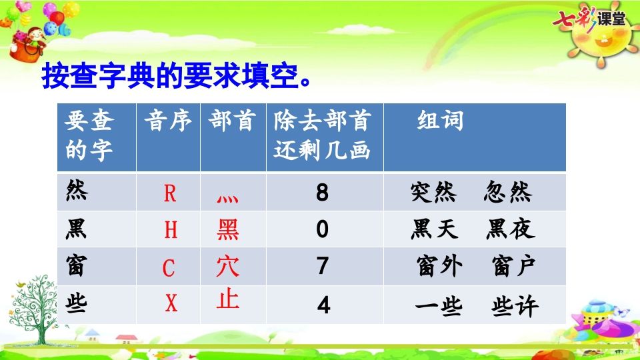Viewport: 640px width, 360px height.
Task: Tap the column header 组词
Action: pos(440,121)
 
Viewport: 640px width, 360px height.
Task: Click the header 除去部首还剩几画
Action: pos(322,136)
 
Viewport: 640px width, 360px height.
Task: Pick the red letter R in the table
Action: pos(170,194)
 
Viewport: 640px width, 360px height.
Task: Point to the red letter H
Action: pos(171,231)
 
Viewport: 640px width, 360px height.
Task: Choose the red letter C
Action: pos(169,269)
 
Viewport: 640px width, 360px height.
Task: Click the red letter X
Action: pos(171,304)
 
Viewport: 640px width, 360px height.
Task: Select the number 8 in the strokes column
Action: pos(323,193)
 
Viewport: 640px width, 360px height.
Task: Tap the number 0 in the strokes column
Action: pos(323,230)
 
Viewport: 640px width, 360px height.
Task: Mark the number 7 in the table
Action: pos(323,267)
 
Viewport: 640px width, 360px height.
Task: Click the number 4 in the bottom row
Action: pos(323,305)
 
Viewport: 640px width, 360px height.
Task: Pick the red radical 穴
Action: pos(228,267)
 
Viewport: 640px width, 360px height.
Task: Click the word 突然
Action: pos(433,193)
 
